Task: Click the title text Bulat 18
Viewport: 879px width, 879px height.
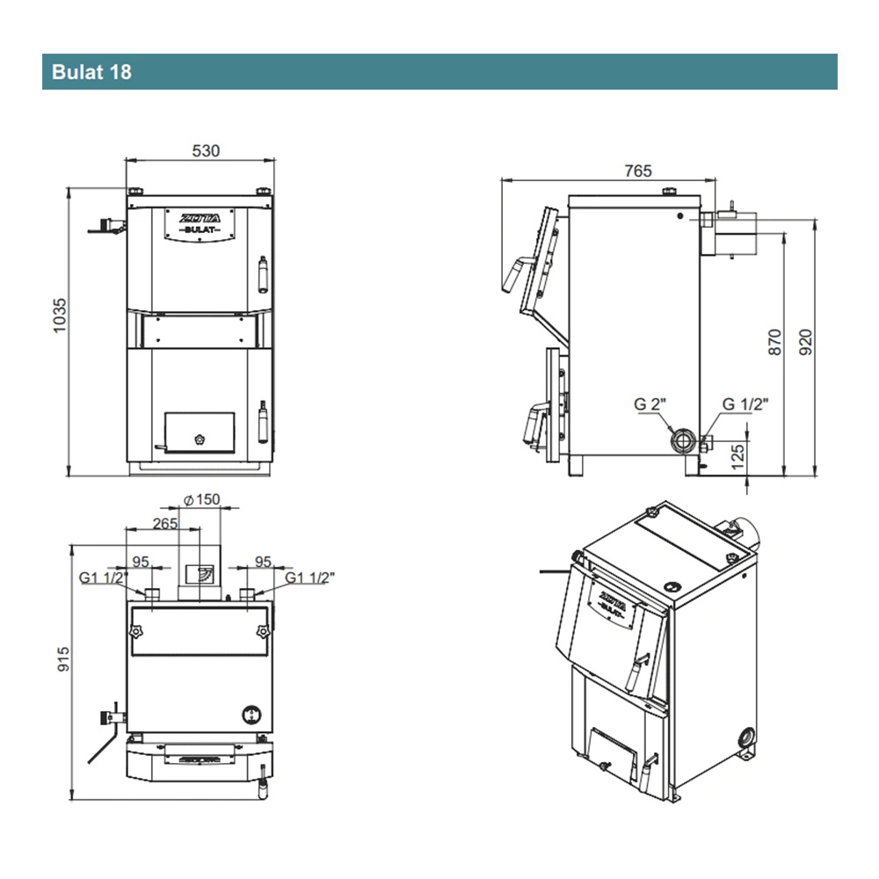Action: (x=91, y=72)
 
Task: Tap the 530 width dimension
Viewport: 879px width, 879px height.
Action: (x=206, y=151)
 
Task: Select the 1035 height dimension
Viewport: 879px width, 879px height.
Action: (x=60, y=316)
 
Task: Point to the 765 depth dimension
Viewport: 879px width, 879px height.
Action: (x=638, y=171)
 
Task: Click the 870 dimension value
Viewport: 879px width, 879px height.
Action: (x=774, y=342)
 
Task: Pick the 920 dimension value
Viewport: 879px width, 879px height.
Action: (x=805, y=342)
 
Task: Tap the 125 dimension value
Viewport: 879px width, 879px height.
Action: (x=738, y=457)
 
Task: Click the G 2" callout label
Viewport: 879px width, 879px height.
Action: (x=650, y=403)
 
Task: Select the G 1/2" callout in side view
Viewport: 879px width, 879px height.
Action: (x=745, y=403)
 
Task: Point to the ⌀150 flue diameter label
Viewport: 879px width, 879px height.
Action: (x=202, y=499)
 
